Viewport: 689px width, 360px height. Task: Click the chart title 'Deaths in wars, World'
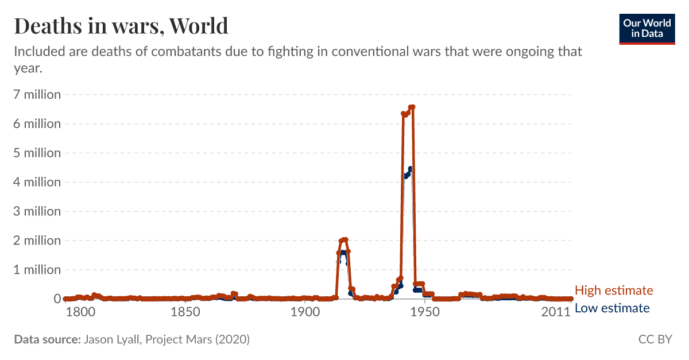(x=121, y=26)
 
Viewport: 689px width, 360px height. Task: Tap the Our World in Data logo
(x=647, y=28)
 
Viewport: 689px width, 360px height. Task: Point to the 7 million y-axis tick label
(x=37, y=95)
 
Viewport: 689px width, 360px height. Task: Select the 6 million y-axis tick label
(x=37, y=124)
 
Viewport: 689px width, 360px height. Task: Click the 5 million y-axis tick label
(x=37, y=153)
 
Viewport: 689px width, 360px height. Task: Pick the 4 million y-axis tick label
(x=37, y=182)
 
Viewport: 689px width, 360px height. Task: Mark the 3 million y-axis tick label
(x=37, y=211)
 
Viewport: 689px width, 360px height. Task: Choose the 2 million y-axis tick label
(x=37, y=241)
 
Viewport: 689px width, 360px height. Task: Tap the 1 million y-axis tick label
(x=37, y=270)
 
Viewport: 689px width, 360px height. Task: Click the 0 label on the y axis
(x=57, y=299)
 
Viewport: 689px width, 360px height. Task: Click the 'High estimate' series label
(x=614, y=291)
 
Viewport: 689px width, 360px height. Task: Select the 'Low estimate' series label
(x=612, y=308)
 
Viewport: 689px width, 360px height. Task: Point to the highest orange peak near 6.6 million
(x=412, y=107)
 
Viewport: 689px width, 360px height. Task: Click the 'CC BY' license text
(x=655, y=339)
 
